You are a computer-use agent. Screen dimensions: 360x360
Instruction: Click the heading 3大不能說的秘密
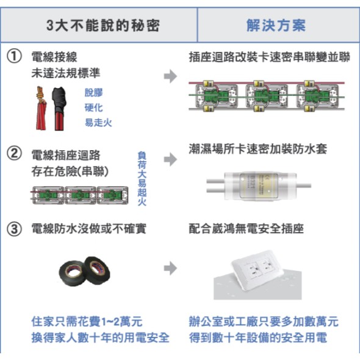point(103,25)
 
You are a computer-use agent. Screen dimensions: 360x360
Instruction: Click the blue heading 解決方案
point(276,25)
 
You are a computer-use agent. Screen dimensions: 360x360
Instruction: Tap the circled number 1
point(14,57)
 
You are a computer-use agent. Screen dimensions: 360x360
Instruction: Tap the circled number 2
point(14,154)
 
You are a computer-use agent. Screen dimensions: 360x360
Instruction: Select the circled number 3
point(14,229)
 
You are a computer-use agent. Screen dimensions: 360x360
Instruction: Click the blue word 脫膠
point(94,93)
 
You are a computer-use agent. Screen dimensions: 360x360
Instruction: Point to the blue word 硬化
point(94,107)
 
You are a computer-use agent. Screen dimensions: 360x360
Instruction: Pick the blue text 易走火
point(98,123)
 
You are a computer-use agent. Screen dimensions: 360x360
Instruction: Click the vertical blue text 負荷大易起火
point(142,178)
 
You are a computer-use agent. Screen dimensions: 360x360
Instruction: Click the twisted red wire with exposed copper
point(41,109)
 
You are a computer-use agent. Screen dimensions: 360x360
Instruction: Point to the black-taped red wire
point(59,109)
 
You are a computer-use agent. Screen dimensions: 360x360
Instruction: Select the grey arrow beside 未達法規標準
point(170,76)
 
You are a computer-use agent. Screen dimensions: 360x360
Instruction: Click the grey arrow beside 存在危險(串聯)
point(170,159)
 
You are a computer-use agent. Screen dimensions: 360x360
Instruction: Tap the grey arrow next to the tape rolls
point(170,268)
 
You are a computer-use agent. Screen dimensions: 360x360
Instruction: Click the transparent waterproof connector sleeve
point(259,185)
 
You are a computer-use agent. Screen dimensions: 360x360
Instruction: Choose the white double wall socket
point(257,271)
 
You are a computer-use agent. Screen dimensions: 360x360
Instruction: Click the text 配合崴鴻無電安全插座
point(247,229)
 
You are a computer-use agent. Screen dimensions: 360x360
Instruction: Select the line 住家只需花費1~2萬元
point(87,322)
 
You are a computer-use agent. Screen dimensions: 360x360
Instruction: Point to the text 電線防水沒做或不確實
point(88,229)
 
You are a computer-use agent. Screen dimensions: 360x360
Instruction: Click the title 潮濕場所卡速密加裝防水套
point(258,149)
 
